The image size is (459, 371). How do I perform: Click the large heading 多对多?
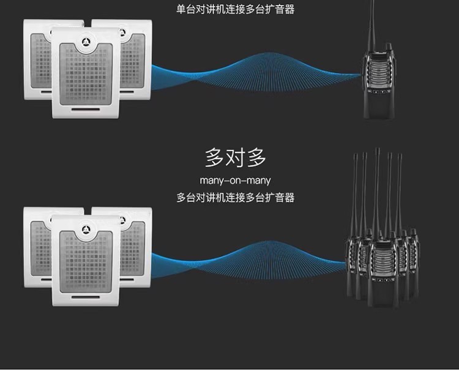click(x=236, y=158)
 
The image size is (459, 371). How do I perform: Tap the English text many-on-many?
click(x=235, y=181)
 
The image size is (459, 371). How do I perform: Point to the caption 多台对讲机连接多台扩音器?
click(x=236, y=198)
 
